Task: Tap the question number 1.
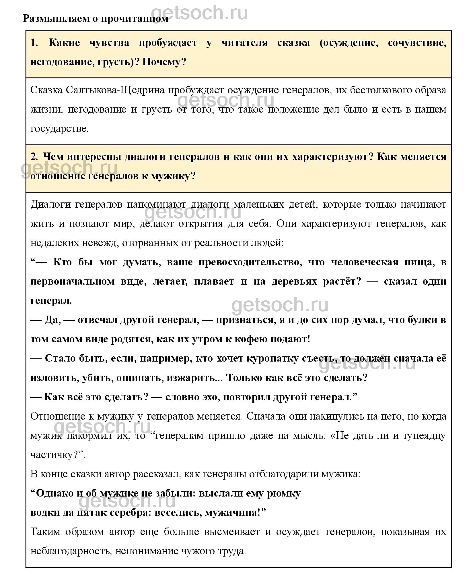coord(34,43)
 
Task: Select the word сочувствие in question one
coord(417,43)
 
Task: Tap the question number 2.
coord(34,157)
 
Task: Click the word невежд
coord(99,243)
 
